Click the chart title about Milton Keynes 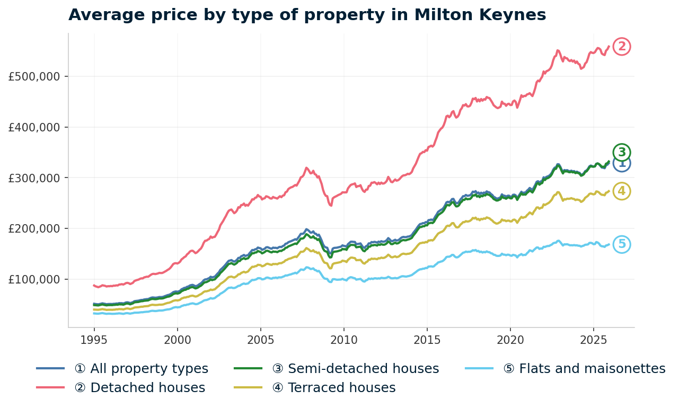(307, 15)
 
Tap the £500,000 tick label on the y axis (34, 76)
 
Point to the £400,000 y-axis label (34, 127)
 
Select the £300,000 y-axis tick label (34, 178)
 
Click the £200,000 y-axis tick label (34, 228)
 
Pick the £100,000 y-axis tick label (34, 279)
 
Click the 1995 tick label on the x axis (94, 340)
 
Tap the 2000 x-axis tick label (177, 340)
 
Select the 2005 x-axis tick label (260, 340)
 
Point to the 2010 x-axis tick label (343, 340)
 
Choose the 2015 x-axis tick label (427, 340)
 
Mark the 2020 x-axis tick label (510, 340)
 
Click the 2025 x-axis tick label (593, 340)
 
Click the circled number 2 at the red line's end (622, 47)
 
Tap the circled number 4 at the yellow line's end (622, 191)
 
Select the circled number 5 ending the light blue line (622, 244)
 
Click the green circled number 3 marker (622, 152)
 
